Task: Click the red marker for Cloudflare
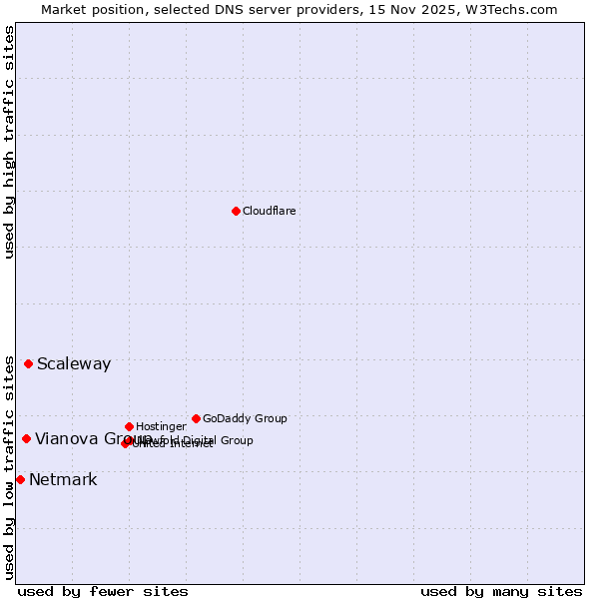(236, 211)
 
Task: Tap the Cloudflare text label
(270, 212)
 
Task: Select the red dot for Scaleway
(28, 363)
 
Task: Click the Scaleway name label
(74, 364)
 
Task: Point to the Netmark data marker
(20, 479)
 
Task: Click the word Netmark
(63, 480)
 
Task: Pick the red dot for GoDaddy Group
(196, 418)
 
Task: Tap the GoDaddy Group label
(245, 419)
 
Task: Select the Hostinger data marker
(129, 426)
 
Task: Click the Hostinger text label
(161, 427)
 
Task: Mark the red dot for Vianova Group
(26, 438)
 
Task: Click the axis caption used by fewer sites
(103, 591)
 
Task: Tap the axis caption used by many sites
(501, 591)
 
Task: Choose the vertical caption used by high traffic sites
(10, 142)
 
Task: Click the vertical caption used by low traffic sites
(10, 466)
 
